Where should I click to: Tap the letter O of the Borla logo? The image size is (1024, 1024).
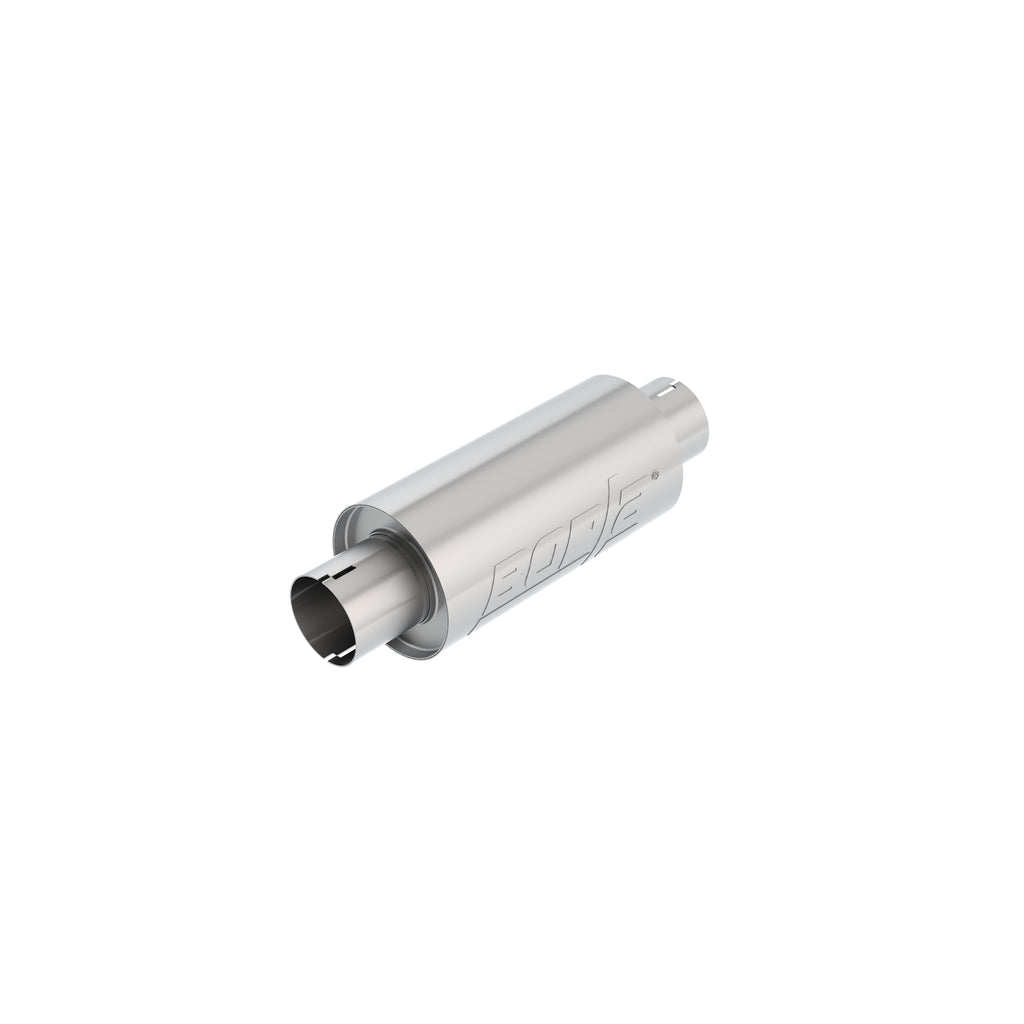click(x=551, y=558)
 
